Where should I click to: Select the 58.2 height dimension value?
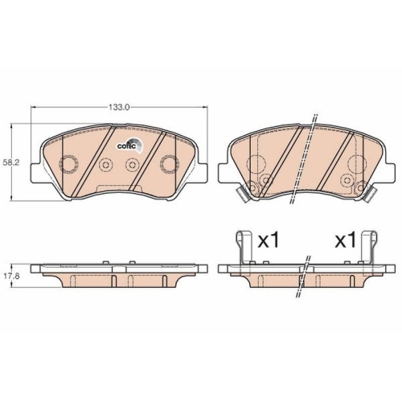11,162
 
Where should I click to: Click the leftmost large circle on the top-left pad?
68,164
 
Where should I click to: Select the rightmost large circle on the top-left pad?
169,164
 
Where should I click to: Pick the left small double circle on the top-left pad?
104,165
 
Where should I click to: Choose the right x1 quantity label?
346,240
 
